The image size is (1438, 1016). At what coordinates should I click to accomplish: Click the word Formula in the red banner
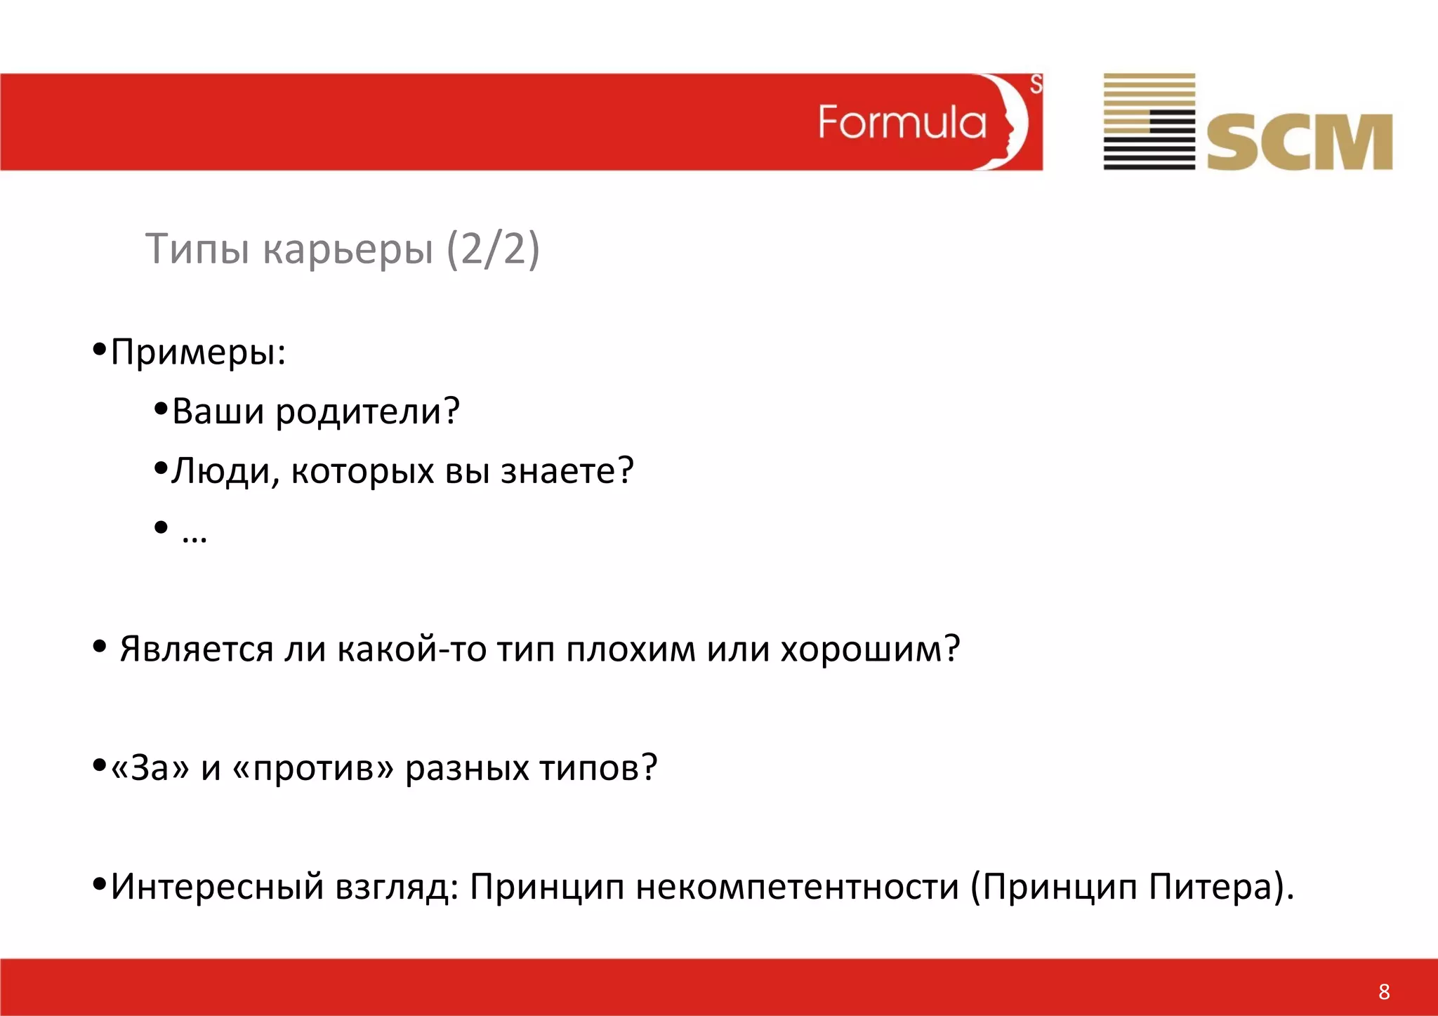(902, 123)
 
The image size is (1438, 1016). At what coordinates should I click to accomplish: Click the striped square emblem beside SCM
(1149, 121)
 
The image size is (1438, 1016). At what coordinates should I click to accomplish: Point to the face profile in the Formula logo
(1008, 121)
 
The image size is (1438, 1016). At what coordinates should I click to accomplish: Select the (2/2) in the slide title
(493, 249)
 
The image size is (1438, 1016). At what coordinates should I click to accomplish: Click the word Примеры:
(199, 351)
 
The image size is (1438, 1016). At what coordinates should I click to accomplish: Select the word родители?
(367, 411)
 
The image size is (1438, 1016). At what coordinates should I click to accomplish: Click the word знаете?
(567, 471)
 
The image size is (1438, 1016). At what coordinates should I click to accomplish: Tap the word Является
(196, 649)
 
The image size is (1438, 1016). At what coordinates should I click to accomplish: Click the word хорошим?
(870, 649)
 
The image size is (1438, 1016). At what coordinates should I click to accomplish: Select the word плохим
(631, 649)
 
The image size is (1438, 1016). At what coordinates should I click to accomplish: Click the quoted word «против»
(312, 767)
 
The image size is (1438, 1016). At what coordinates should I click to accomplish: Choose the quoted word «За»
(150, 767)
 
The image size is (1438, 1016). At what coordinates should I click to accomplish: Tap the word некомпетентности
(798, 887)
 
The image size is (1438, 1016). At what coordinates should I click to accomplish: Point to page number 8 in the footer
(1384, 991)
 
